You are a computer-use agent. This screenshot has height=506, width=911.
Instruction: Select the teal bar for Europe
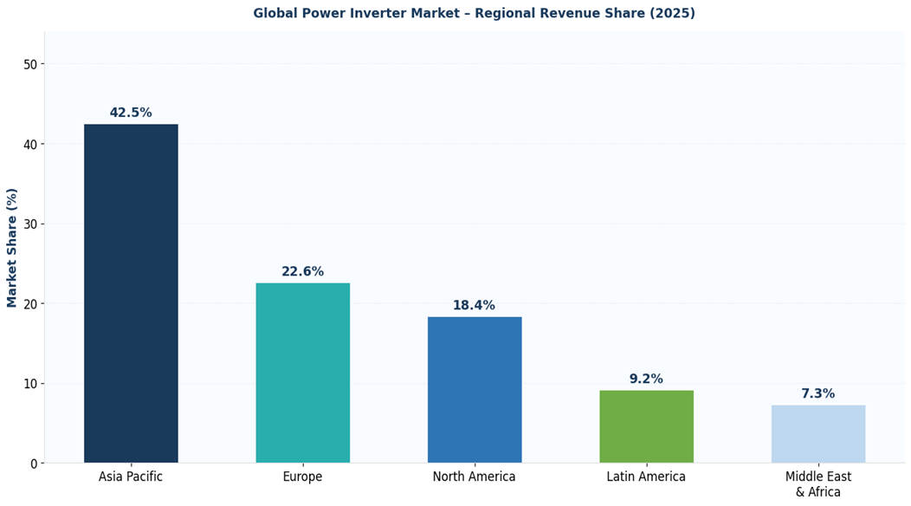[302, 373]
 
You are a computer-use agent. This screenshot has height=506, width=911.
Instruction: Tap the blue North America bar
[475, 389]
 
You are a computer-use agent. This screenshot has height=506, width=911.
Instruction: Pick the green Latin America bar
[646, 426]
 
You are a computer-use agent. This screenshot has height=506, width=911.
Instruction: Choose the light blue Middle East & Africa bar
[817, 433]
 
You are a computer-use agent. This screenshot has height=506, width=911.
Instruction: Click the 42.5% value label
[131, 113]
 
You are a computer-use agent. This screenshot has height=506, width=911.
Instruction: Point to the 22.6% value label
[302, 272]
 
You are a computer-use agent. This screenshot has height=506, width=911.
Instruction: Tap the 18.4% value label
[474, 306]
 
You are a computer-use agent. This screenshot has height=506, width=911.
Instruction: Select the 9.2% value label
[646, 379]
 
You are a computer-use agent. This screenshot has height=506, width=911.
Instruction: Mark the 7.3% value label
[817, 394]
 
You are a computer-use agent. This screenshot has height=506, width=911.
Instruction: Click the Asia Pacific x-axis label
[131, 477]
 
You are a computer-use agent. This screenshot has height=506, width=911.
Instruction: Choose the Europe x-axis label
[302, 477]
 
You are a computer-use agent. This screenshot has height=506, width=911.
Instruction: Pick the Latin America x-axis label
[646, 477]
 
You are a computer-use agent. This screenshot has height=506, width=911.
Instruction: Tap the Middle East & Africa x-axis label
[817, 484]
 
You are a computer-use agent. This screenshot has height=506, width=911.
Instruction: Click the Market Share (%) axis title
[12, 248]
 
